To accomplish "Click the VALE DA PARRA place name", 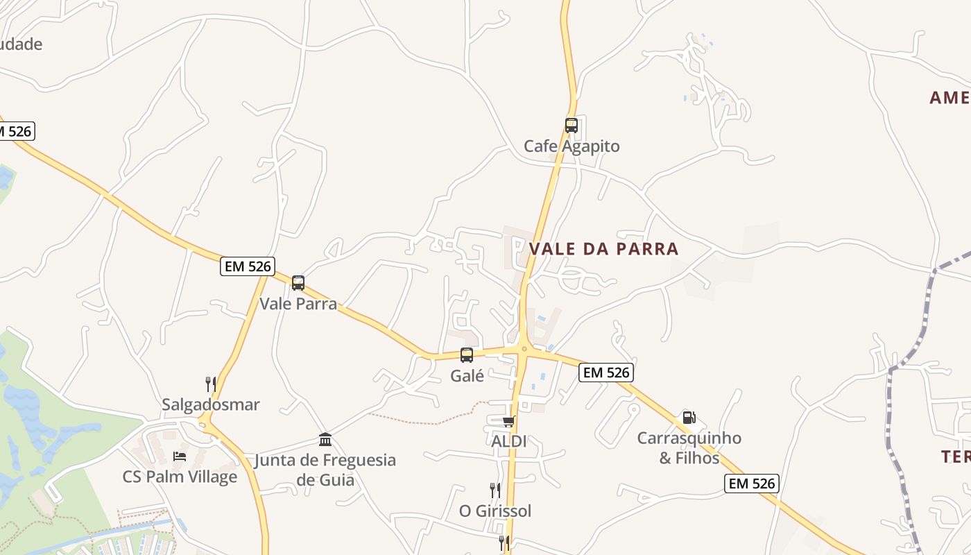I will [x=603, y=248].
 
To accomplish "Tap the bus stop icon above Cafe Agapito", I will [x=571, y=126].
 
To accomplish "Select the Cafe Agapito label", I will [x=572, y=146].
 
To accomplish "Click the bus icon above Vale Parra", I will [x=298, y=283].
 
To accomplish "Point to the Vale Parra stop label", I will [x=298, y=303].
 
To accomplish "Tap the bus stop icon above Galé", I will [x=467, y=355].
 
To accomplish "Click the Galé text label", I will [x=467, y=376].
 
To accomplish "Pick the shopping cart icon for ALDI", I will [x=509, y=421].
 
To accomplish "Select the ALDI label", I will [x=509, y=441].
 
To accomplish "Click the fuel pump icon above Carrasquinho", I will [x=689, y=418].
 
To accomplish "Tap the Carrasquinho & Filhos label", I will [x=689, y=448].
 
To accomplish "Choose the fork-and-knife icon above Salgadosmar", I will [x=211, y=384].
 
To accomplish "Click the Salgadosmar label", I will [x=211, y=404].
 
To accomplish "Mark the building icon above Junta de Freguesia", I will [x=325, y=439].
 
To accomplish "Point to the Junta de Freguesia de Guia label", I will [x=325, y=470].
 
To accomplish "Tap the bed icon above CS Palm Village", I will [x=180, y=456].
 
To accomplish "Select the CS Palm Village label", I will [x=180, y=477].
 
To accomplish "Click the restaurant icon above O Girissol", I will [x=495, y=490].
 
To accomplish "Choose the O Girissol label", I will [x=495, y=511].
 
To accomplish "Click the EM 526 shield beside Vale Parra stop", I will [x=248, y=266].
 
